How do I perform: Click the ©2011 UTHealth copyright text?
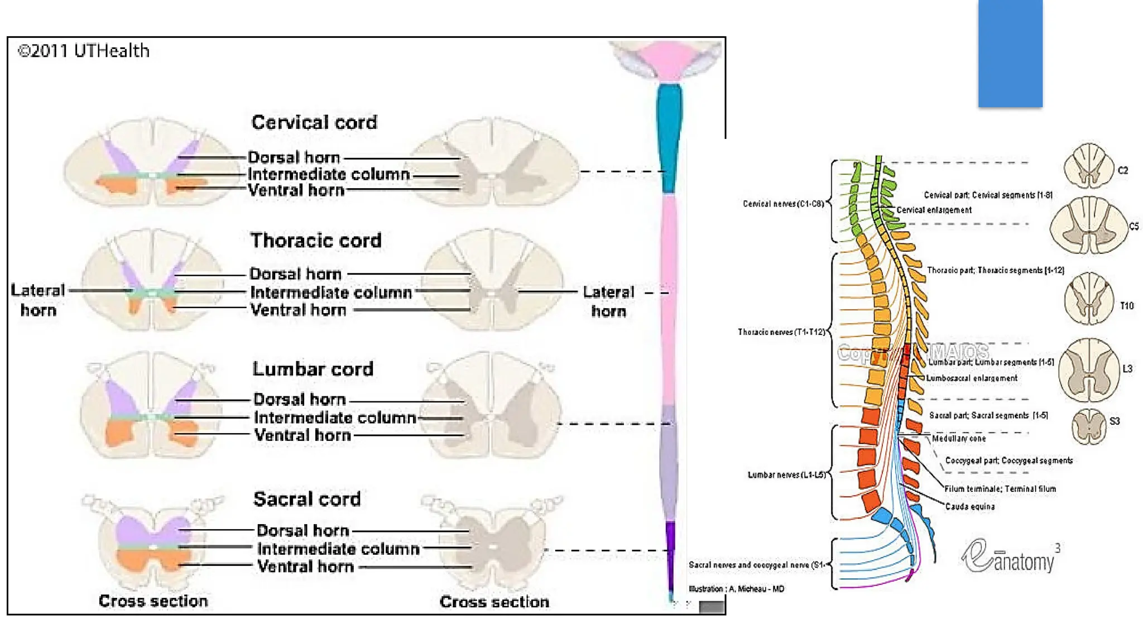pyautogui.click(x=84, y=51)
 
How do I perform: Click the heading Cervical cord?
pyautogui.click(x=314, y=122)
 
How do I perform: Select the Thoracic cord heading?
pyautogui.click(x=316, y=241)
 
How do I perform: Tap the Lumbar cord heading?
pyautogui.click(x=313, y=369)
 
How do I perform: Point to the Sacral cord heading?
pyautogui.click(x=307, y=499)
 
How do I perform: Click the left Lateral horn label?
pyautogui.click(x=38, y=300)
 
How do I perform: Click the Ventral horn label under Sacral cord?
pyautogui.click(x=305, y=567)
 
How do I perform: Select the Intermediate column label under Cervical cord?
pyautogui.click(x=329, y=174)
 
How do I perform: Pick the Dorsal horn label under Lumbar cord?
pyautogui.click(x=299, y=400)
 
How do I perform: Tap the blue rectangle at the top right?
pyautogui.click(x=1010, y=53)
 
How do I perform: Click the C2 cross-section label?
pyautogui.click(x=1122, y=170)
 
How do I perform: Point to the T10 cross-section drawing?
pyautogui.click(x=1088, y=299)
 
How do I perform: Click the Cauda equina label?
pyautogui.click(x=969, y=507)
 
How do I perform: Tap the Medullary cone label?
pyautogui.click(x=958, y=439)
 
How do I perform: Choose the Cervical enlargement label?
pyautogui.click(x=934, y=210)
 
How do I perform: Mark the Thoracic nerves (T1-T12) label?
pyautogui.click(x=781, y=332)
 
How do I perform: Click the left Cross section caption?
pyautogui.click(x=153, y=601)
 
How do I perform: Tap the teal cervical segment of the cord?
pyautogui.click(x=669, y=137)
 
